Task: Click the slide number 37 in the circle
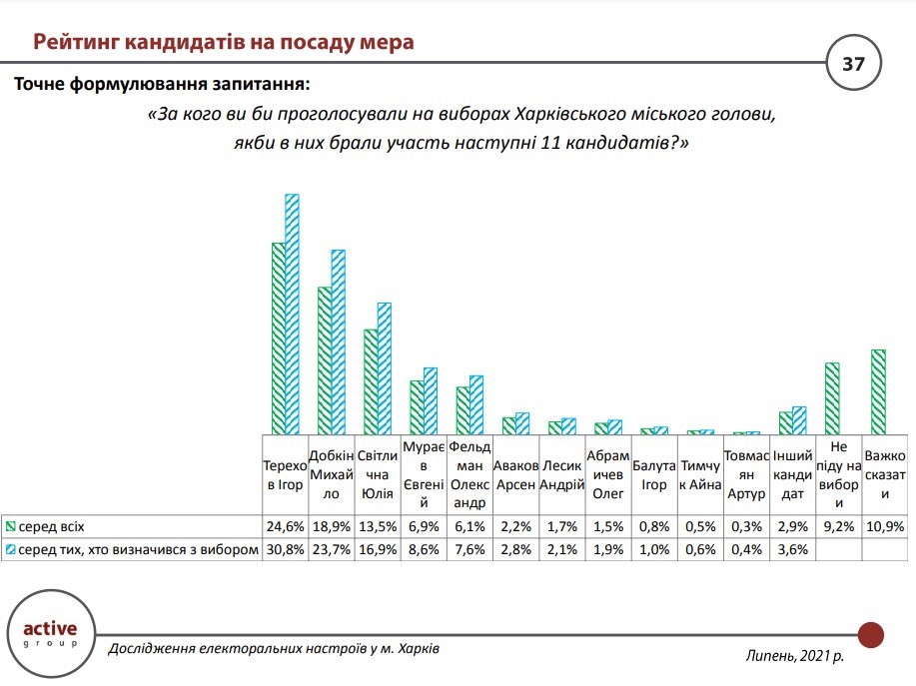pyautogui.click(x=853, y=65)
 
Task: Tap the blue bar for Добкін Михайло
pyautogui.click(x=338, y=342)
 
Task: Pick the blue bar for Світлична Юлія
pyautogui.click(x=384, y=367)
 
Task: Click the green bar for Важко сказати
pyautogui.click(x=879, y=391)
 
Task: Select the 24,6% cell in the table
pyautogui.click(x=285, y=525)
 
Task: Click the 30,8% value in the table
pyautogui.click(x=285, y=549)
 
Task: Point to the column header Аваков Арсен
pyautogui.click(x=515, y=475)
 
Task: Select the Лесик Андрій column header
pyautogui.click(x=561, y=475)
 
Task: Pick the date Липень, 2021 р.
pyautogui.click(x=794, y=655)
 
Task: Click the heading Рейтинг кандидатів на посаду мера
pyautogui.click(x=224, y=42)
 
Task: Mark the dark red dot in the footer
pyautogui.click(x=871, y=634)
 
